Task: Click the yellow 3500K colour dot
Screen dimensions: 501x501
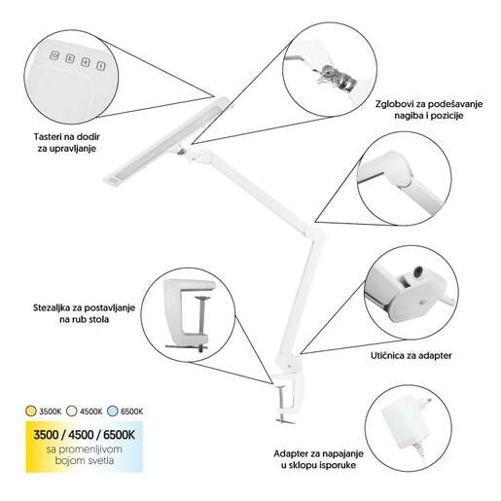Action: [x=30, y=411]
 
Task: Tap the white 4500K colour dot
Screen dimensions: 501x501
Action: [x=71, y=411]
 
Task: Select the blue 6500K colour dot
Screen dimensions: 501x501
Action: [x=112, y=411]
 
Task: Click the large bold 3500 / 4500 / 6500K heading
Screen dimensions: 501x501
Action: [x=84, y=435]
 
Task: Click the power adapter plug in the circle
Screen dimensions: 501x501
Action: [x=407, y=421]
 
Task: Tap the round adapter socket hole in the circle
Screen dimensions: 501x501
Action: [x=419, y=271]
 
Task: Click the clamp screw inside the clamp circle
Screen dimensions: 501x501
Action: [x=201, y=323]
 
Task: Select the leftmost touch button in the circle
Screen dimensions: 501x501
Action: [x=54, y=55]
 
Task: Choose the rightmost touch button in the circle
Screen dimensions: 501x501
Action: [x=101, y=65]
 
